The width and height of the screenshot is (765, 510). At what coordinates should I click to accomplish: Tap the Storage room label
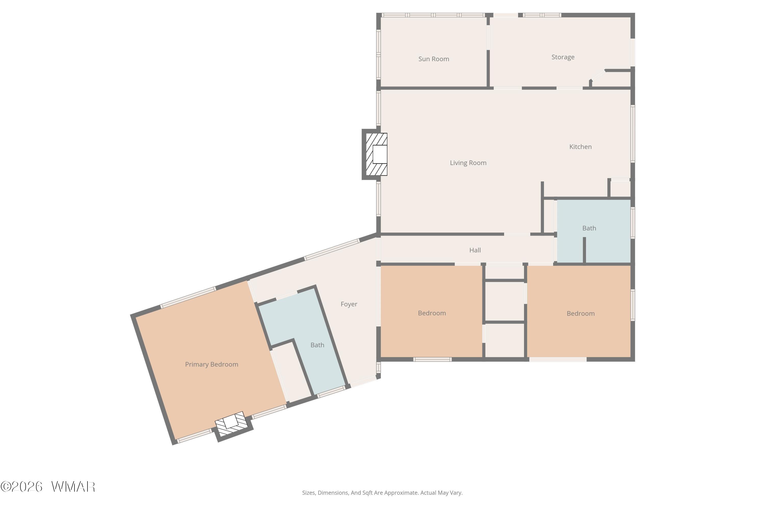pyautogui.click(x=563, y=57)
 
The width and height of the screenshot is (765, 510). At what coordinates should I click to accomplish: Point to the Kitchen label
pyautogui.click(x=580, y=147)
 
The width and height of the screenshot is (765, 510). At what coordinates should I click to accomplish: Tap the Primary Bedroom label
pyautogui.click(x=211, y=364)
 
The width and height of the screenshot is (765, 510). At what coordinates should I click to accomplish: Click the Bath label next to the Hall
pyautogui.click(x=589, y=228)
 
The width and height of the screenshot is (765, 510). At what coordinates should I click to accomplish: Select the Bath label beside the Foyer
pyautogui.click(x=317, y=345)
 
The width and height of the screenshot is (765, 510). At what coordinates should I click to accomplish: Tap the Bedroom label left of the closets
pyautogui.click(x=432, y=313)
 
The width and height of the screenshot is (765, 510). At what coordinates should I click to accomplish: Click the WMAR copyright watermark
pyautogui.click(x=48, y=487)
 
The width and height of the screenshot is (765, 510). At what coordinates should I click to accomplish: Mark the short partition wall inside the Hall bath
pyautogui.click(x=584, y=250)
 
